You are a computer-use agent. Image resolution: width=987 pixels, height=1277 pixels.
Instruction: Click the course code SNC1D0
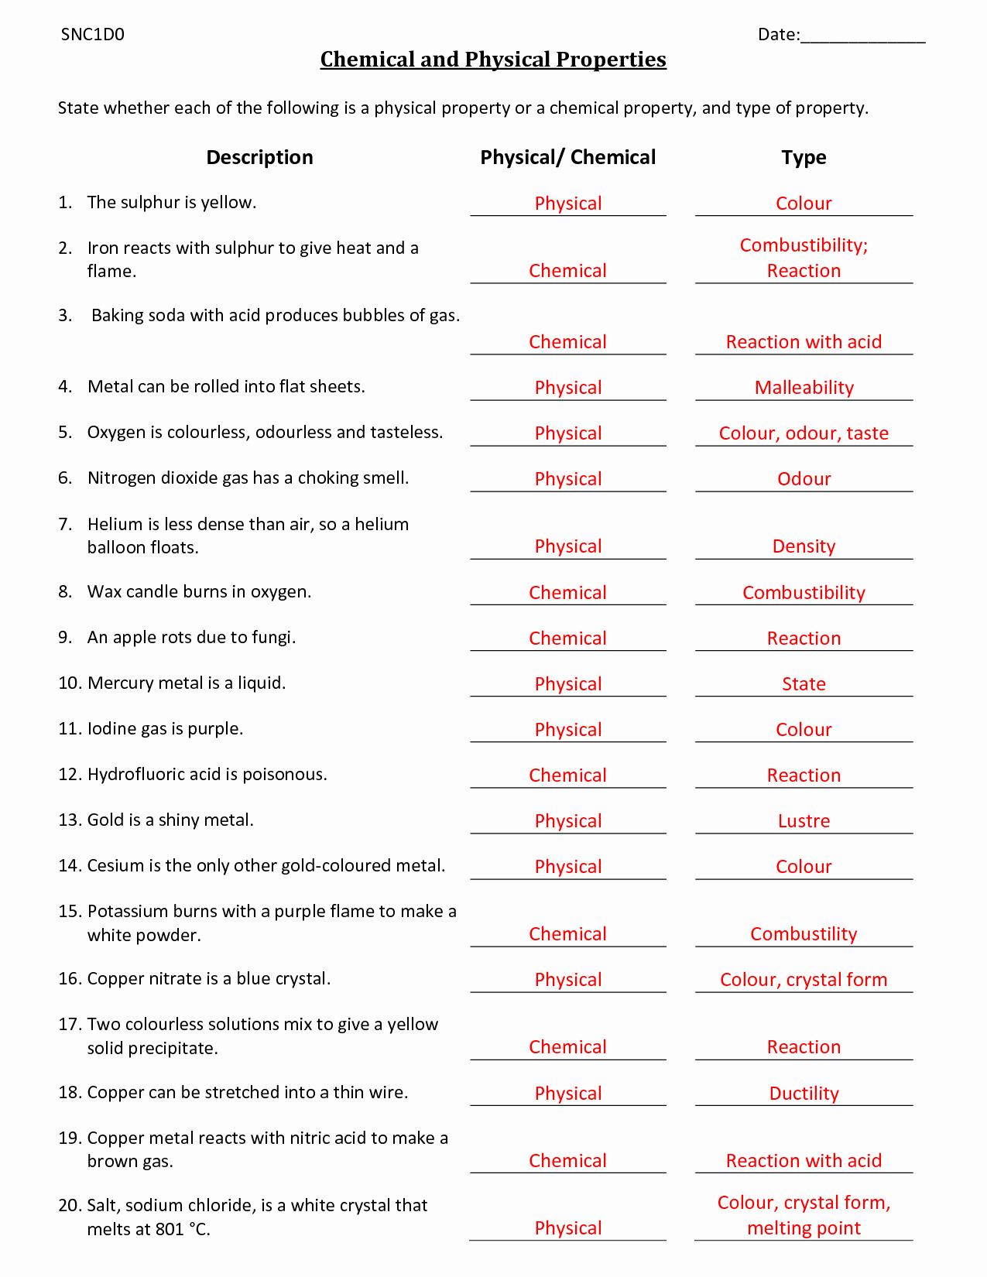pos(92,34)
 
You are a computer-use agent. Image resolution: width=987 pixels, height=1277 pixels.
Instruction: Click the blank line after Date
pos(863,37)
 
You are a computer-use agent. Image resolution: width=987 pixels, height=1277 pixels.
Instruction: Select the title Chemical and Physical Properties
pos(493,60)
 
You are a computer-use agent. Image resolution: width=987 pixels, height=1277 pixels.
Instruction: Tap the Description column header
pos(259,157)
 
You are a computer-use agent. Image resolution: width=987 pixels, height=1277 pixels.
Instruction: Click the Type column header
pos(804,157)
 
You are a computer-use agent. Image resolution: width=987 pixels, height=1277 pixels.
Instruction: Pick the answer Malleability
pos(804,387)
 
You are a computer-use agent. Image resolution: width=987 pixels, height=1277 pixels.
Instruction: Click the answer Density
pos(804,546)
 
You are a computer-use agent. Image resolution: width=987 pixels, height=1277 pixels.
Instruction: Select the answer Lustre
pos(804,820)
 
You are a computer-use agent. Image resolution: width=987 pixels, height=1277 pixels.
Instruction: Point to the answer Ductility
pos(804,1093)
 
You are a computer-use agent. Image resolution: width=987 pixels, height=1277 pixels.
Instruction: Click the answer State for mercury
pos(804,683)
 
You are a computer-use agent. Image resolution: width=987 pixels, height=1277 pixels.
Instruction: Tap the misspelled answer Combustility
pos(804,933)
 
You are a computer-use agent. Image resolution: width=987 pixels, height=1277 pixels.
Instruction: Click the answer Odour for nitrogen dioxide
pos(804,478)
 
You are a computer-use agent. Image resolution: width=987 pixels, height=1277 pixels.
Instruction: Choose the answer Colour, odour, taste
pos(804,433)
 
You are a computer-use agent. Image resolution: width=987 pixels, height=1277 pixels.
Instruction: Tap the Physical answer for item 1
pos(568,203)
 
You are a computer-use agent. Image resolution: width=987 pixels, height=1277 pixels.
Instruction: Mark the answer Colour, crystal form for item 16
pos(804,979)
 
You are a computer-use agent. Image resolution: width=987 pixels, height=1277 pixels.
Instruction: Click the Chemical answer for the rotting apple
pos(568,638)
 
